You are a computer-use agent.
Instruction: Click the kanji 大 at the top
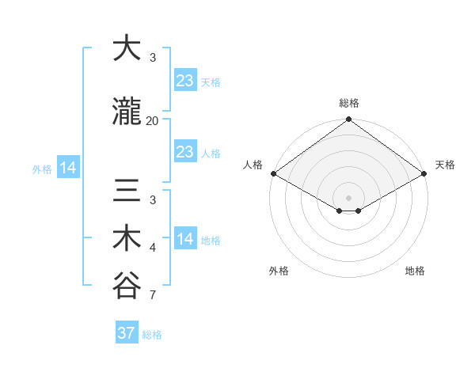[x=126, y=48]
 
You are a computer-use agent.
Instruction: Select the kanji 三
[x=126, y=192]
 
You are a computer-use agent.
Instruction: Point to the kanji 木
[x=126, y=238]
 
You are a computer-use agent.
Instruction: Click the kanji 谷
[x=126, y=286]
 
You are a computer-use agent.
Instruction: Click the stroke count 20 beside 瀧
[x=152, y=121]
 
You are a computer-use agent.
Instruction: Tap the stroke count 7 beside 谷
[x=153, y=296]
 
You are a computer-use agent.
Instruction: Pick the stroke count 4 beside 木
[x=153, y=249]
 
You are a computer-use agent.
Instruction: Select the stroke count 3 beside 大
[x=153, y=59]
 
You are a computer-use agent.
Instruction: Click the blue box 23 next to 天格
[x=184, y=80]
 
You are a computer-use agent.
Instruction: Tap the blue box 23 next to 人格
[x=184, y=152]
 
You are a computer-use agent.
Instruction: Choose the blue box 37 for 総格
[x=126, y=333]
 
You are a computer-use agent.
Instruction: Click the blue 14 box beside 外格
[x=67, y=168]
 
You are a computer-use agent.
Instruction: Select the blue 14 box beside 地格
[x=184, y=239]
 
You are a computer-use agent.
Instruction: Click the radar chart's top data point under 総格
[x=348, y=120]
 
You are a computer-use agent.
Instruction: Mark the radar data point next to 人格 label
[x=272, y=173]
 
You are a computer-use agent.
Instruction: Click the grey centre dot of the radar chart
[x=348, y=196]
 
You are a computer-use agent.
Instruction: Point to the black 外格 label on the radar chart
[x=279, y=271]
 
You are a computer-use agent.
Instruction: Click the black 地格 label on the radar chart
[x=415, y=271]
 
